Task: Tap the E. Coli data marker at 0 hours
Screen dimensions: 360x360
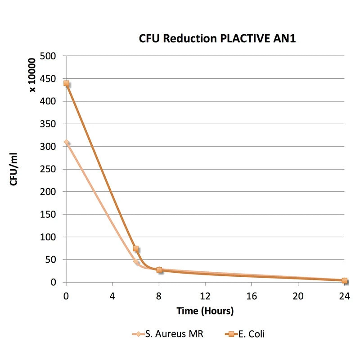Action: (67, 83)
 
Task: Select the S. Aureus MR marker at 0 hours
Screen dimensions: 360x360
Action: (67, 142)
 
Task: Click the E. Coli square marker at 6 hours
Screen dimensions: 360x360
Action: (135, 248)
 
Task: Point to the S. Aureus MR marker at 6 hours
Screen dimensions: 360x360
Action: (135, 261)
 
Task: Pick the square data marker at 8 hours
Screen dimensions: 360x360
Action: (159, 270)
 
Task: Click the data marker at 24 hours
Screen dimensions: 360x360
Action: (345, 281)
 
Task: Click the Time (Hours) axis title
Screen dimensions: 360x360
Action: (205, 310)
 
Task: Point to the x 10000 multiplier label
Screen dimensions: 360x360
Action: (33, 73)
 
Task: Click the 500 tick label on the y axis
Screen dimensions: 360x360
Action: (48, 56)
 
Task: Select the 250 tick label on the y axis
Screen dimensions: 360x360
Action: (48, 169)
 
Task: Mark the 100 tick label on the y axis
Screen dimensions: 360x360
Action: (48, 237)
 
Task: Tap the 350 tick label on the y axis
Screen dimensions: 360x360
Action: (48, 124)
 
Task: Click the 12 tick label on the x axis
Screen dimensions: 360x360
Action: (205, 296)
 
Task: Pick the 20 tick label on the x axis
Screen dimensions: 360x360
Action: (298, 296)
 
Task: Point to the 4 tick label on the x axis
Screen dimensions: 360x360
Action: (112, 296)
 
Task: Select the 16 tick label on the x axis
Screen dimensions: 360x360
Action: (252, 296)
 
